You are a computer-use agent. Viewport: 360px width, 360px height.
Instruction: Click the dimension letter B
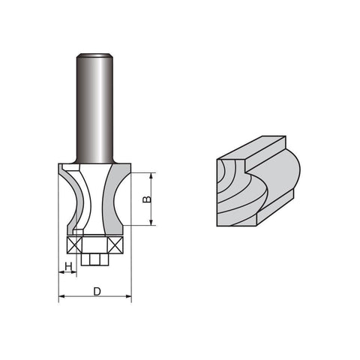[148, 199]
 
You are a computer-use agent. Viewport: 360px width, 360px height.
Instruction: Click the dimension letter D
[97, 292]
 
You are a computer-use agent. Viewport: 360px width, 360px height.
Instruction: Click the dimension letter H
[68, 267]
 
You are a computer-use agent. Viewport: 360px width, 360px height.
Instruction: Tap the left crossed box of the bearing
[75, 245]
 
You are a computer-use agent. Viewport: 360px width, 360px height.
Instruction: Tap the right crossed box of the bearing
[115, 245]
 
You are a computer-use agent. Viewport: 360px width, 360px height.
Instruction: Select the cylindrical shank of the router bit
[94, 108]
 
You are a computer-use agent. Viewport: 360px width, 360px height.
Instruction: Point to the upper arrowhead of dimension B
[151, 175]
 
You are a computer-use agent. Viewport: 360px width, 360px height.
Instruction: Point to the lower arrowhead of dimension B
[151, 223]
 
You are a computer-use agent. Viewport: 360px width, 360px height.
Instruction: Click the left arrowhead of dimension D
[61, 296]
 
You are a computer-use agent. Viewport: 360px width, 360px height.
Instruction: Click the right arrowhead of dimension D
[128, 296]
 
